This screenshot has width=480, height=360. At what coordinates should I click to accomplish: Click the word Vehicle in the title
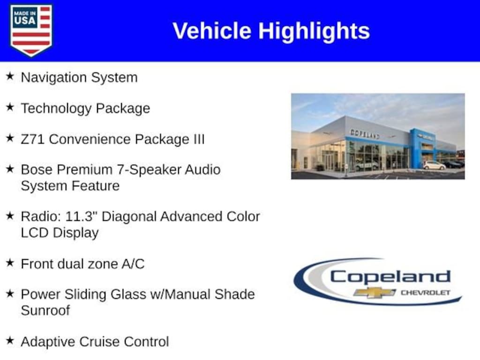tap(212, 30)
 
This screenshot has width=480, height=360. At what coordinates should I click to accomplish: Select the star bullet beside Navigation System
tap(10, 76)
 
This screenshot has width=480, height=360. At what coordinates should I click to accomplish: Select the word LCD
tap(34, 232)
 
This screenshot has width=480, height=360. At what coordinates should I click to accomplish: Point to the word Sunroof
tap(45, 310)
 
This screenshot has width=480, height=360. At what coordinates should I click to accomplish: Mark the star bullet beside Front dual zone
tap(10, 262)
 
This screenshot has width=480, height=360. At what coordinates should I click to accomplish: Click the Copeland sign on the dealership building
tap(365, 134)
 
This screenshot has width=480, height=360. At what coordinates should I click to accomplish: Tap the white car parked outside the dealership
tap(435, 165)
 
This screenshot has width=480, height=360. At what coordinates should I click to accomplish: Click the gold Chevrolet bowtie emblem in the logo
tap(375, 292)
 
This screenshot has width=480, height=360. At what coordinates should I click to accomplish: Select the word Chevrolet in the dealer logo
tap(426, 292)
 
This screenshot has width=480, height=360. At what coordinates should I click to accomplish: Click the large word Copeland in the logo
tap(390, 277)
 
